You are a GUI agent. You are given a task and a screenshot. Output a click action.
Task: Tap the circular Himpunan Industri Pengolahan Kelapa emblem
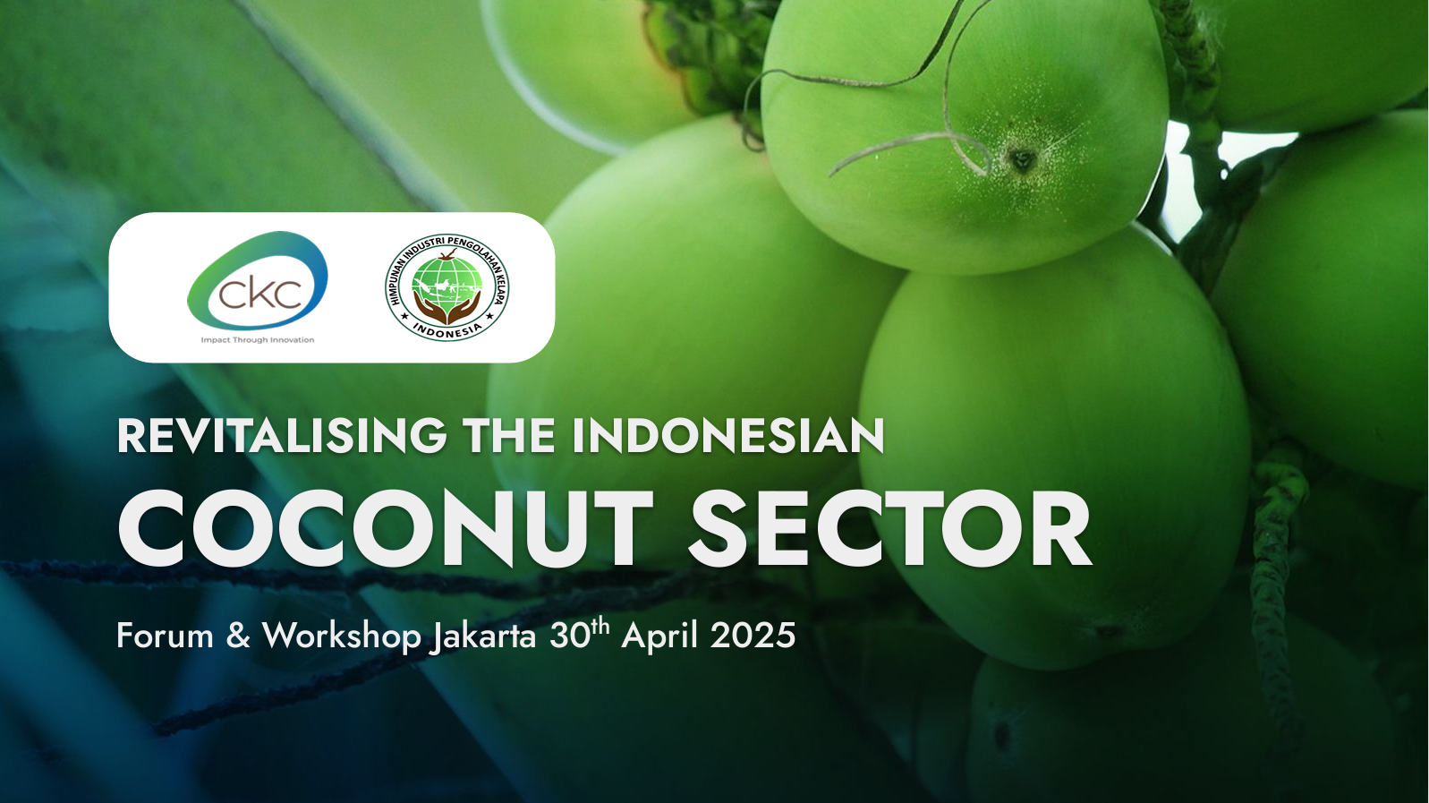(x=447, y=287)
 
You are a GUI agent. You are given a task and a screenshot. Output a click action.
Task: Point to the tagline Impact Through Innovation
(x=257, y=340)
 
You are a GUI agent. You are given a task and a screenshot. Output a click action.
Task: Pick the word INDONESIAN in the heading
(x=727, y=436)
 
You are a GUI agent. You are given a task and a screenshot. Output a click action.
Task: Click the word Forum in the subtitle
(x=165, y=636)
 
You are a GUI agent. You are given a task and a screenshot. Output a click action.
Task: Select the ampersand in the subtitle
(x=238, y=636)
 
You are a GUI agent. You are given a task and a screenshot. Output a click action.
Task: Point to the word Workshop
(x=342, y=637)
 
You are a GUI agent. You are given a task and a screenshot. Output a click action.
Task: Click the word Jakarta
(x=482, y=637)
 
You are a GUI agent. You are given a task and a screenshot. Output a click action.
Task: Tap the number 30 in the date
(x=568, y=636)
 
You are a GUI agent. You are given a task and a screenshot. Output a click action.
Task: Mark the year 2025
(x=753, y=636)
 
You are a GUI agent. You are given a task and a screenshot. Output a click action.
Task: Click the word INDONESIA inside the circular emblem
(x=447, y=329)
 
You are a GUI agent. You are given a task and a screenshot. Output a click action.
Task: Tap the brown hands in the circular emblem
(x=447, y=306)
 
